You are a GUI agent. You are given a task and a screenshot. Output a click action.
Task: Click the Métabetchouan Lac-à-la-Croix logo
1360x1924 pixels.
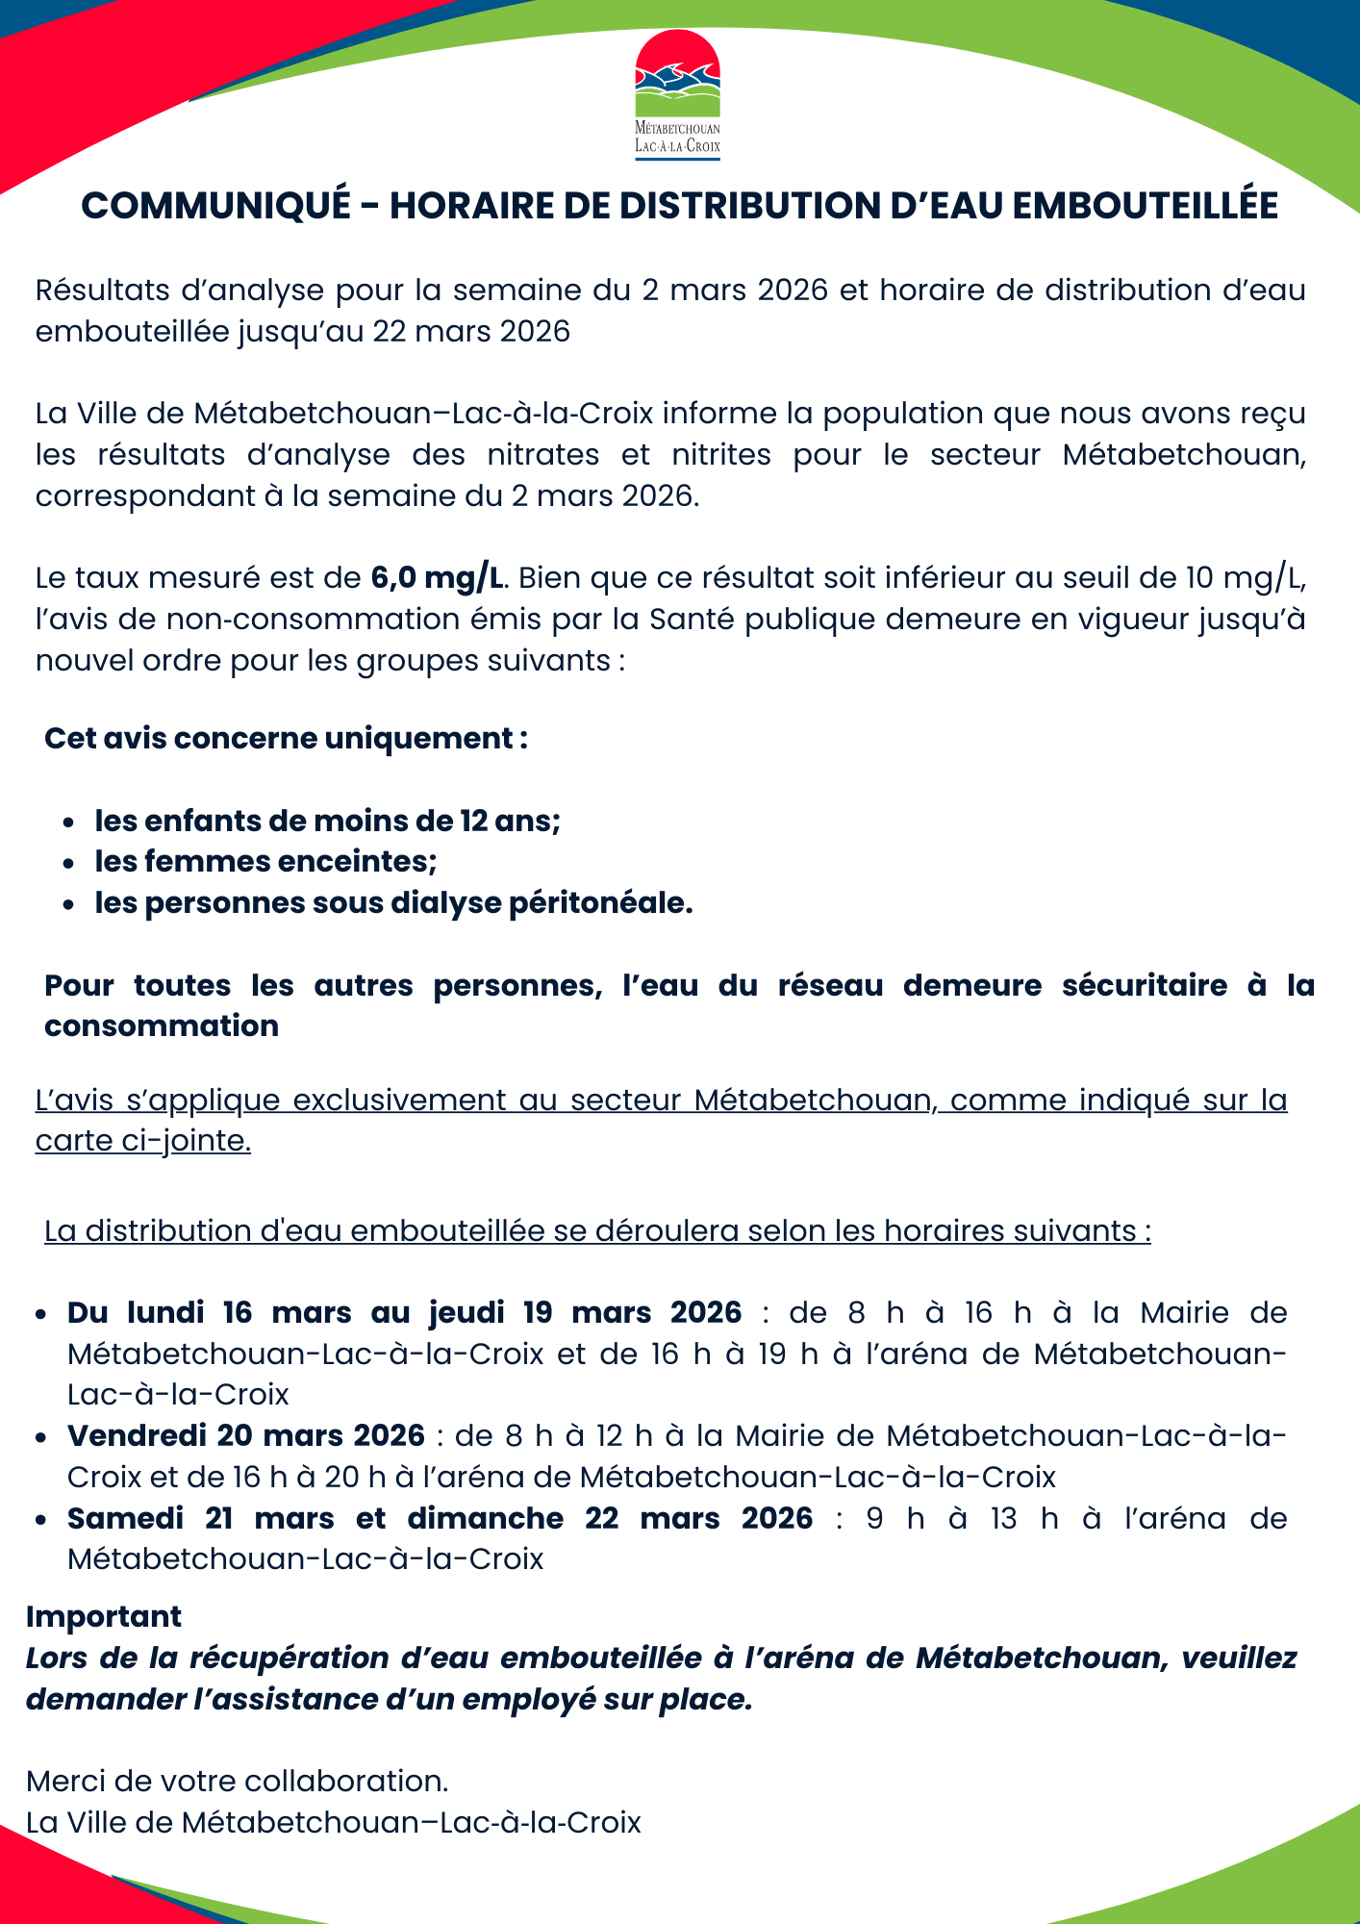[677, 94]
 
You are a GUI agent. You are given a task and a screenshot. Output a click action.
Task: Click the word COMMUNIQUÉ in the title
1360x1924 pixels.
[216, 206]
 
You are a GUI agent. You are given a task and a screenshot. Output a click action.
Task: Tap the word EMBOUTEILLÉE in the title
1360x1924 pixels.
[1145, 206]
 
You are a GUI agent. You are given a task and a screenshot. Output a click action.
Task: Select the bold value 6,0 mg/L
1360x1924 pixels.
[438, 577]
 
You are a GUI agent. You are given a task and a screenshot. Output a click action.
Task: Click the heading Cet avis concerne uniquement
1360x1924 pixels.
[286, 738]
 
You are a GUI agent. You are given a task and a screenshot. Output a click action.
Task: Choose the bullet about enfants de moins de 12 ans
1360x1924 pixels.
[327, 821]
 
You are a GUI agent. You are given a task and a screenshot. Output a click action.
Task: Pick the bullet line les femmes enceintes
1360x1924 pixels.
[265, 861]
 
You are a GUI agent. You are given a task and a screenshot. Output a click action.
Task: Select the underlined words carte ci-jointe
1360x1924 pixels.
[143, 1140]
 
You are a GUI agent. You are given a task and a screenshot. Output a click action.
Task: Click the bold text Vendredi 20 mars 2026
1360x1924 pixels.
[246, 1435]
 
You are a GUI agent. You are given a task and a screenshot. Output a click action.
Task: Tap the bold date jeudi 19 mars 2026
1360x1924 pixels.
[585, 1312]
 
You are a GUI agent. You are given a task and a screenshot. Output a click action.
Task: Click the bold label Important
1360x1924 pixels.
[104, 1616]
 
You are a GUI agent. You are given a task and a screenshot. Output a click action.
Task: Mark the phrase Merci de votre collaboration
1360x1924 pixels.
[238, 1781]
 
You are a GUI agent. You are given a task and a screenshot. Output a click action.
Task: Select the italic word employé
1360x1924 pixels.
[529, 1699]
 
